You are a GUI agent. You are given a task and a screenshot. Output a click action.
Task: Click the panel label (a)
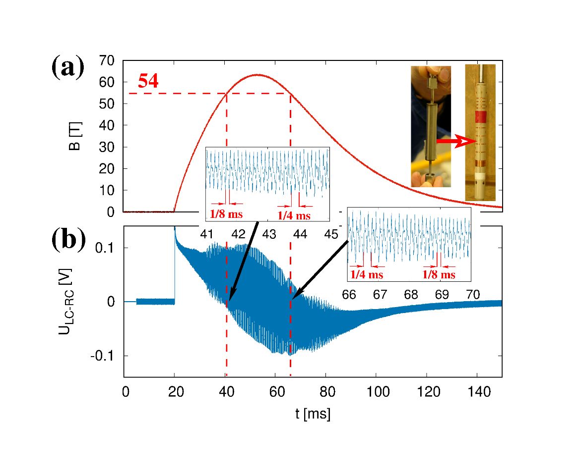click(67, 68)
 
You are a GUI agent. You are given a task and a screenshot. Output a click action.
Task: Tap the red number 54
click(148, 81)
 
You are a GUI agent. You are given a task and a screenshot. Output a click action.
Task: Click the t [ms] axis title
click(313, 414)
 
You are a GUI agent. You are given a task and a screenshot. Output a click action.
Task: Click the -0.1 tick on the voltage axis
click(104, 356)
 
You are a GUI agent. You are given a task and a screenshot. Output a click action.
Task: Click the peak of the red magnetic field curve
click(258, 75)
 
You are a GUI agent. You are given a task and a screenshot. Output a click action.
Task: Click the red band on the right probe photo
click(480, 117)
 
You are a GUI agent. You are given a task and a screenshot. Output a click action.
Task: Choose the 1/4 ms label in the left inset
click(294, 215)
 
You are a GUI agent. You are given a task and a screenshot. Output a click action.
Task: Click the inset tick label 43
click(269, 234)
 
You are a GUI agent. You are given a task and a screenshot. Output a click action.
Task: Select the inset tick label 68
click(411, 294)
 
